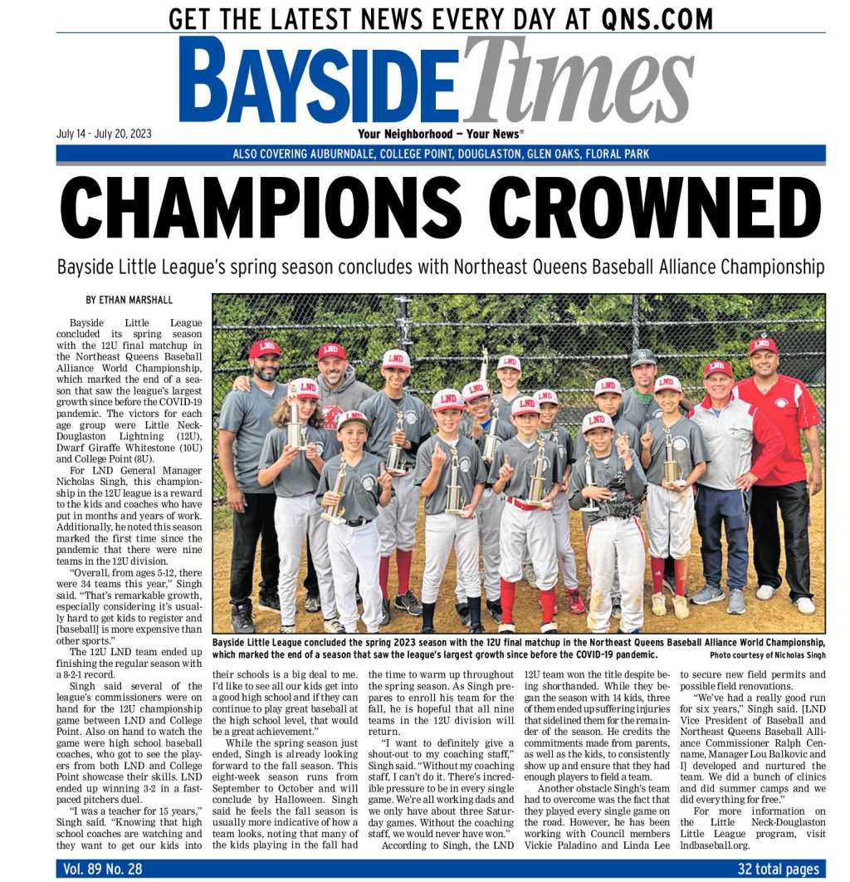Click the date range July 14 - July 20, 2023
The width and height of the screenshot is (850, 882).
104,134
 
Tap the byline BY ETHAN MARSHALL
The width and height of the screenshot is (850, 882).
129,300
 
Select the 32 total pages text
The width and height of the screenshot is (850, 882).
778,869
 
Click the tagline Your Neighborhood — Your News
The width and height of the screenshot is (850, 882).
440,135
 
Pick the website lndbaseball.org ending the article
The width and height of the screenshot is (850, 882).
714,845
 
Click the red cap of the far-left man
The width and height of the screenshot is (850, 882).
265,349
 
